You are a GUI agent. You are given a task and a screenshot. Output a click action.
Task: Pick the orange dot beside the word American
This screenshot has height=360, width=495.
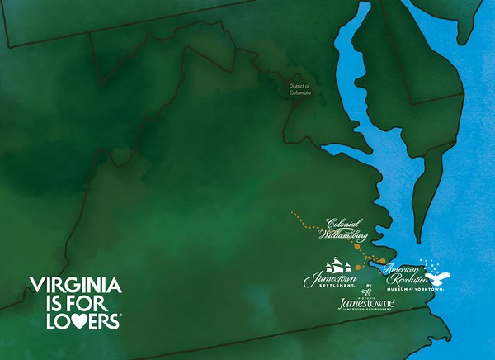pos(382,261)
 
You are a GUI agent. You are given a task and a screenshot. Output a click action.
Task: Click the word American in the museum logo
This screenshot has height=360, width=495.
pos(401,268)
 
